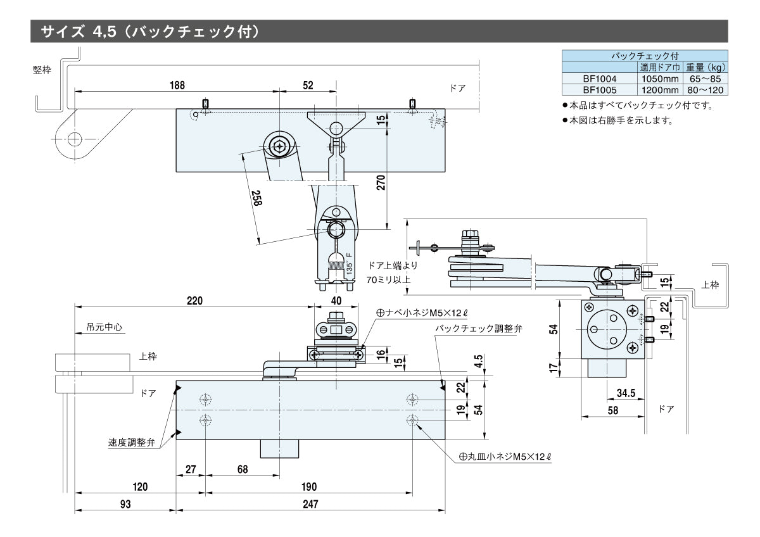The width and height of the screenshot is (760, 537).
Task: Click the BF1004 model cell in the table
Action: (599, 79)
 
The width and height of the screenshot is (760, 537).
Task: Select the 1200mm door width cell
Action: (659, 90)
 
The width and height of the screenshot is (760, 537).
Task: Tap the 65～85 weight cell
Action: (705, 79)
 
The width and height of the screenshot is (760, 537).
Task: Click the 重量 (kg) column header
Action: (705, 67)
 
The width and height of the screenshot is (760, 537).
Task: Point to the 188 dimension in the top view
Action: (177, 85)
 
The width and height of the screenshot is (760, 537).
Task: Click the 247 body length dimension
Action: (310, 504)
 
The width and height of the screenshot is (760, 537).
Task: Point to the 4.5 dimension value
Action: (479, 360)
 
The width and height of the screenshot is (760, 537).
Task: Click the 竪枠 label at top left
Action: (42, 69)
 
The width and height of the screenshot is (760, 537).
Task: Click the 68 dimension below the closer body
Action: (242, 469)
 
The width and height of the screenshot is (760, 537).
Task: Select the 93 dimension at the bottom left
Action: (125, 504)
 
